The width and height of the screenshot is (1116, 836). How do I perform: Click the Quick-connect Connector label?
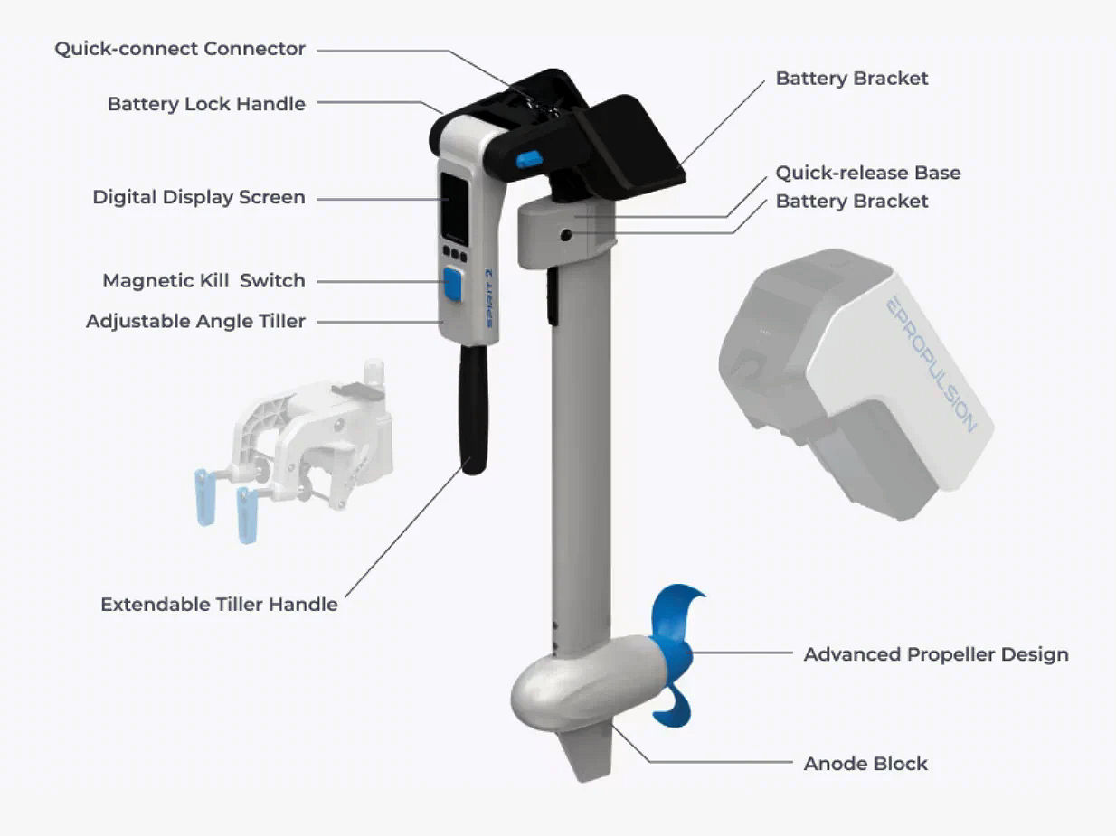coord(180,49)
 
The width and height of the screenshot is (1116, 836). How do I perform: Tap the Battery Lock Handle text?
coord(206,104)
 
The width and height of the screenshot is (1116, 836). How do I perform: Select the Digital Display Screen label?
coord(199,197)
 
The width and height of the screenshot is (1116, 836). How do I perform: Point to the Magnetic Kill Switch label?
coord(203,281)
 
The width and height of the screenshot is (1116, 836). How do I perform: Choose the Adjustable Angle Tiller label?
coord(195,322)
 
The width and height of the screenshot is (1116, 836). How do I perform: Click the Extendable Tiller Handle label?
coord(219,605)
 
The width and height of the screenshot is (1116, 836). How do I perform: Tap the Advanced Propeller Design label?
coord(936,654)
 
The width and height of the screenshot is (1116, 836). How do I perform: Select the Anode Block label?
coord(865,764)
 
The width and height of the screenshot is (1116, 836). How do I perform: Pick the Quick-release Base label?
coord(868,173)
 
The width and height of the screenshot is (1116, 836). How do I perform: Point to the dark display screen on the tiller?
coord(454,208)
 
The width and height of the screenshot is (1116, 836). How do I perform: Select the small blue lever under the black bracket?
coord(529,160)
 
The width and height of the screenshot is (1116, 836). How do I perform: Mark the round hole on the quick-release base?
coord(565,235)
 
